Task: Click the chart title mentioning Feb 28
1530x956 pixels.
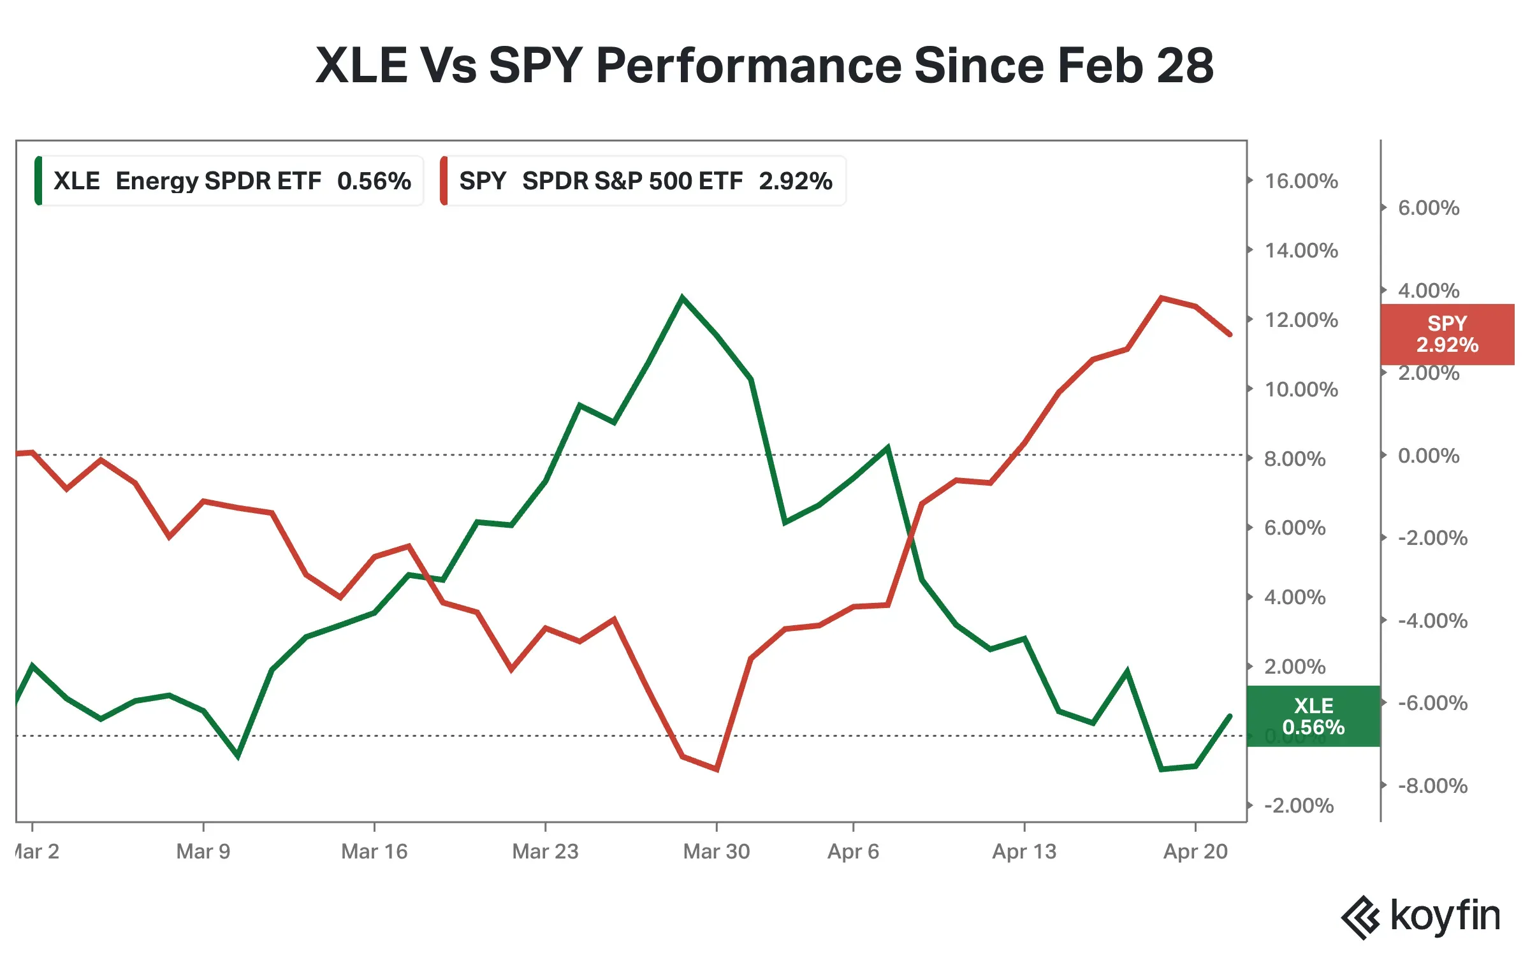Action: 764,65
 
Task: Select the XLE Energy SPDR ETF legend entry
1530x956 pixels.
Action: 229,181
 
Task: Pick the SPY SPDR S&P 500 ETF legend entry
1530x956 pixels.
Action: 643,181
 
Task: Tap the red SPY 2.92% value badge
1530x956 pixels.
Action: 1447,334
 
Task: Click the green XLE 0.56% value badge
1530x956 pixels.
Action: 1313,716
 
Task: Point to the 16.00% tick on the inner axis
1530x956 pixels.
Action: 1300,181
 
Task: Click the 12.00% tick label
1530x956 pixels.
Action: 1300,320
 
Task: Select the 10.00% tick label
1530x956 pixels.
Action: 1300,389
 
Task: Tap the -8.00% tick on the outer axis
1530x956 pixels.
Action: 1432,786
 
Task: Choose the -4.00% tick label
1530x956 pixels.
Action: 1432,621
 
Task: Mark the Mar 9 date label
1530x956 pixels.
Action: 203,851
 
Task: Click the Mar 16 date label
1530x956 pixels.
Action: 374,851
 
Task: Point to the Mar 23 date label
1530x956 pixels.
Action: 545,851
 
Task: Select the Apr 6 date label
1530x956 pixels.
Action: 853,851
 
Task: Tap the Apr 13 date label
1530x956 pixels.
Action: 1024,851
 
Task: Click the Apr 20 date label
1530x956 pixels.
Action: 1195,851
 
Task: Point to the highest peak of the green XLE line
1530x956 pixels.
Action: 682,297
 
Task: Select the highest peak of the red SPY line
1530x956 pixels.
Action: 1162,298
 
